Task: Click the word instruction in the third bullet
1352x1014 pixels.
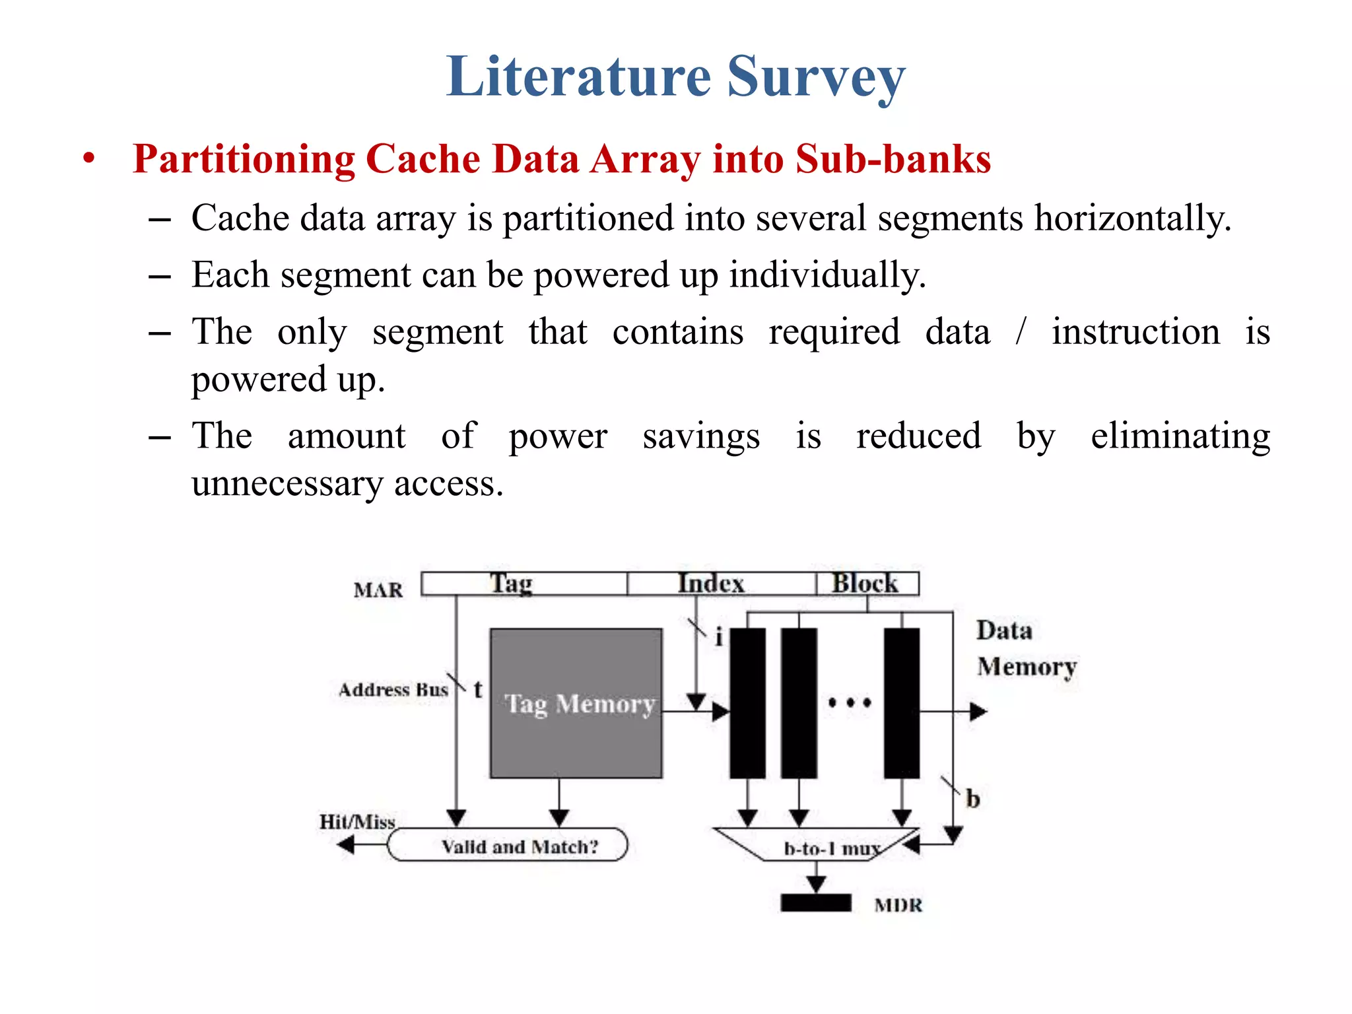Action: [x=1135, y=331]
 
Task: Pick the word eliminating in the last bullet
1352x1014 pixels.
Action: [x=1180, y=436]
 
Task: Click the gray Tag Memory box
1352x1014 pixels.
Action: [x=576, y=703]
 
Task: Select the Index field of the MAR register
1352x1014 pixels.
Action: [x=721, y=584]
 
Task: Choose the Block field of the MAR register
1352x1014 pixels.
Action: [x=866, y=584]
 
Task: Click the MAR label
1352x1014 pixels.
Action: [x=378, y=590]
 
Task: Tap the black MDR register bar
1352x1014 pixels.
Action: [x=816, y=902]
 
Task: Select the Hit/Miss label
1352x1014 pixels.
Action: [x=357, y=821]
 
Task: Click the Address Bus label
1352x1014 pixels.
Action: [x=393, y=690]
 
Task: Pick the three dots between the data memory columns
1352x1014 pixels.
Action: [x=850, y=702]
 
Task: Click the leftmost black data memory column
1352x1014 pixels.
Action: [x=747, y=703]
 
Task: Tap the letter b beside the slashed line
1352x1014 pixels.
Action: [x=972, y=799]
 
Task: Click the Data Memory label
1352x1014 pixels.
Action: [x=1025, y=648]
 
